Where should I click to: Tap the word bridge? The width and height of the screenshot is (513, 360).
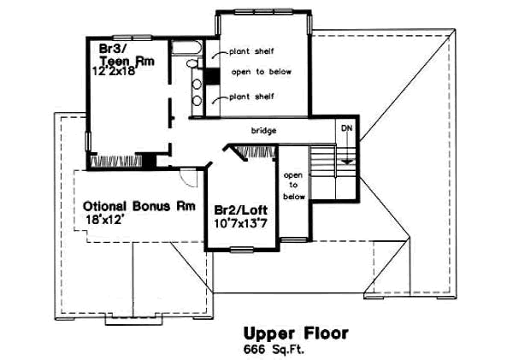point(262,131)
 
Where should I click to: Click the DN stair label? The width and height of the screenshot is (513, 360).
point(346,127)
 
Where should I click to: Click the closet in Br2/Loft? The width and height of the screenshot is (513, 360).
point(256,152)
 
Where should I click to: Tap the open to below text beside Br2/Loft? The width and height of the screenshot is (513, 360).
point(294,185)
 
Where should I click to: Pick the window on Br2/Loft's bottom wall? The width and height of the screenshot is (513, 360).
point(244,249)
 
